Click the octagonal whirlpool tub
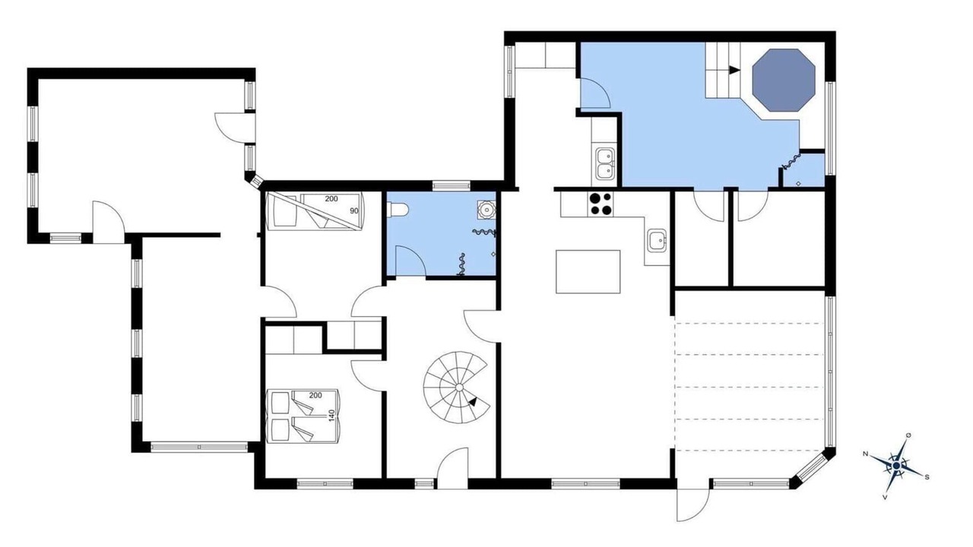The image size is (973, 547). (784, 81)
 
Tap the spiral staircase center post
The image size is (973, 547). (459, 387)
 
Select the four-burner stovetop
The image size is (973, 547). (601, 204)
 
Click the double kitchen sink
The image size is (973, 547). (604, 163)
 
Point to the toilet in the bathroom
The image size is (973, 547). (398, 210)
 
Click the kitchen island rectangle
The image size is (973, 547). (588, 272)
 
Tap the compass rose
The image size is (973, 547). (896, 466)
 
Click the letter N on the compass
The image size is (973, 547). (865, 454)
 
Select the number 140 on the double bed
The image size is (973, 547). (332, 416)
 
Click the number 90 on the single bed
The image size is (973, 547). (354, 211)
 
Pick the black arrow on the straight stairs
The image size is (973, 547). (734, 70)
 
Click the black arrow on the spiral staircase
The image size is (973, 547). (473, 402)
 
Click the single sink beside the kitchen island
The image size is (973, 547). (658, 240)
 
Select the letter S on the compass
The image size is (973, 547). (927, 477)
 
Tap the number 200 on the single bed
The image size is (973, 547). (331, 199)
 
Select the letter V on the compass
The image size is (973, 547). (885, 497)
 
